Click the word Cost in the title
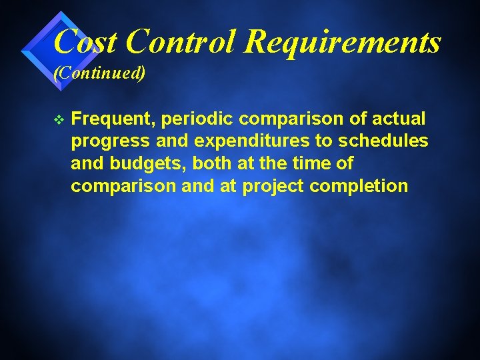click(85, 41)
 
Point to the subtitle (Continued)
click(99, 72)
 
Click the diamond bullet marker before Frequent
click(59, 119)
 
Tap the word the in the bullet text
click(271, 163)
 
